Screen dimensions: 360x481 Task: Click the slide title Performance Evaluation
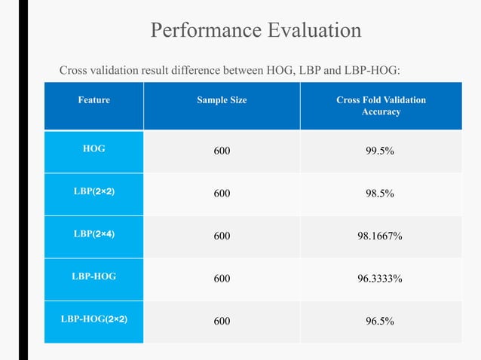tap(256, 31)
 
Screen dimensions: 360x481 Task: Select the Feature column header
tap(94, 99)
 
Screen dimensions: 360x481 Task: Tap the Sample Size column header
tap(222, 99)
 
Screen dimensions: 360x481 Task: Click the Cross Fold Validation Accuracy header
tap(381, 105)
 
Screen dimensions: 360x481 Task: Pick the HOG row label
tap(94, 149)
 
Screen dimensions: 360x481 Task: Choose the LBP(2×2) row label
tap(94, 191)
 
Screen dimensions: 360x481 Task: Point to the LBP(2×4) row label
tap(94, 233)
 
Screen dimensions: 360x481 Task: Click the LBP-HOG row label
tap(94, 276)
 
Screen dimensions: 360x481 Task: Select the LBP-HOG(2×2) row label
tap(94, 319)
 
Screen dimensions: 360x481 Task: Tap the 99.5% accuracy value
tap(380, 151)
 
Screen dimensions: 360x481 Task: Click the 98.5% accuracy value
tap(380, 194)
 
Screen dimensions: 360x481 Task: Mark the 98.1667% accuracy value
tap(380, 236)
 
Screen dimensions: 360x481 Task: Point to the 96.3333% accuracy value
tap(380, 279)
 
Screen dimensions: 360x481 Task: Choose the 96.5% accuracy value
tap(380, 322)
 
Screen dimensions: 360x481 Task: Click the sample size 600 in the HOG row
tap(222, 151)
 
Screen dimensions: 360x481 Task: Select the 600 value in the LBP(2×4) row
tap(222, 236)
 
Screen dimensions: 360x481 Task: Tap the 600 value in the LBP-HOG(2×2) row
tap(222, 322)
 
